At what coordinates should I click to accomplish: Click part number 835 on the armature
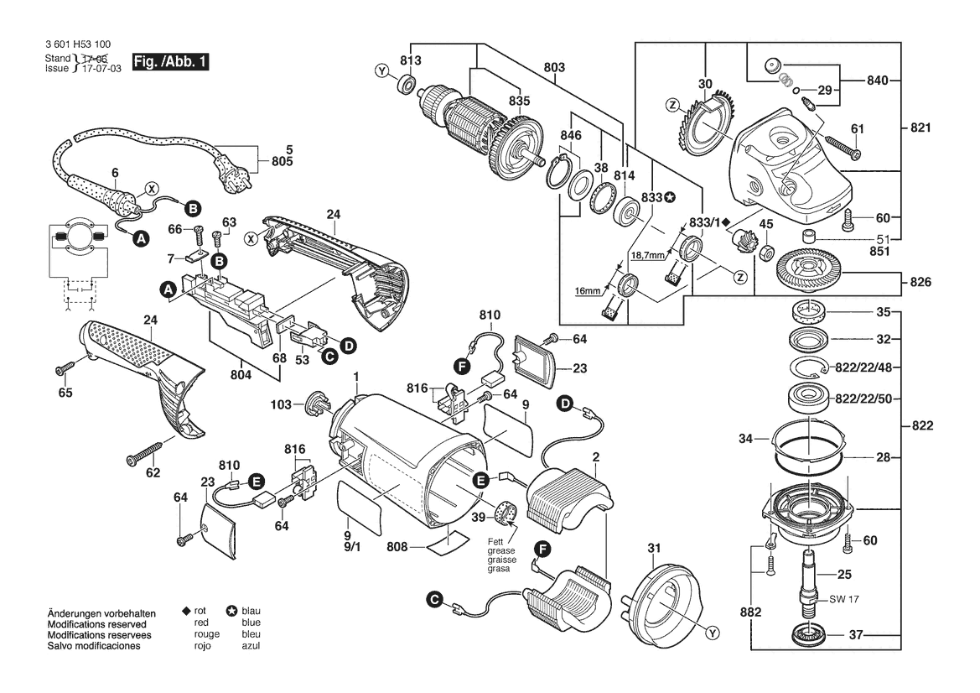520,101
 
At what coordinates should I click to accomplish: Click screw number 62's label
153,473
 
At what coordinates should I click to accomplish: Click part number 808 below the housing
397,547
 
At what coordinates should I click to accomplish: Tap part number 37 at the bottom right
855,634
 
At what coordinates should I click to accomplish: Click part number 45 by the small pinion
765,224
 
